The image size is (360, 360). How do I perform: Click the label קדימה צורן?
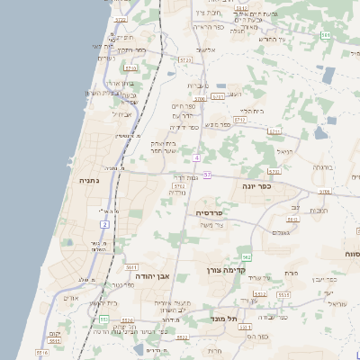[239, 270]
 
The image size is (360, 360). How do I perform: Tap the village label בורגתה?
[321, 167]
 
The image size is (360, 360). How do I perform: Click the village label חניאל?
[285, 152]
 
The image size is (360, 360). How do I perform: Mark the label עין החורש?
[270, 39]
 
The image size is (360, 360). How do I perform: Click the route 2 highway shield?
[104, 223]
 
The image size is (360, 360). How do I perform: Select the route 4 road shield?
[195, 158]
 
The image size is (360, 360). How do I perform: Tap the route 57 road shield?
[208, 174]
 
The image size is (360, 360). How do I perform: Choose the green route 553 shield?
[104, 319]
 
